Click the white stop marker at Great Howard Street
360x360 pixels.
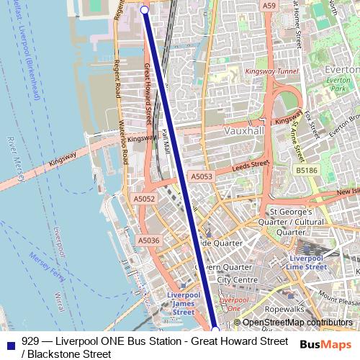pyautogui.click(x=144, y=10)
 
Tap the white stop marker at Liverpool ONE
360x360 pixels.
pyautogui.click(x=215, y=330)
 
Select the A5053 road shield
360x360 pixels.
pyautogui.click(x=202, y=176)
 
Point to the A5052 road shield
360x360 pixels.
pyautogui.click(x=144, y=199)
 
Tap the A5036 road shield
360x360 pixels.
pyautogui.click(x=148, y=240)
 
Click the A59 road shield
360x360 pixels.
pyautogui.click(x=269, y=6)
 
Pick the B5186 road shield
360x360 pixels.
pyautogui.click(x=306, y=171)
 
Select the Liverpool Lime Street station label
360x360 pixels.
pyautogui.click(x=306, y=262)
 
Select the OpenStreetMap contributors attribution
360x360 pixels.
pyautogui.click(x=297, y=323)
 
